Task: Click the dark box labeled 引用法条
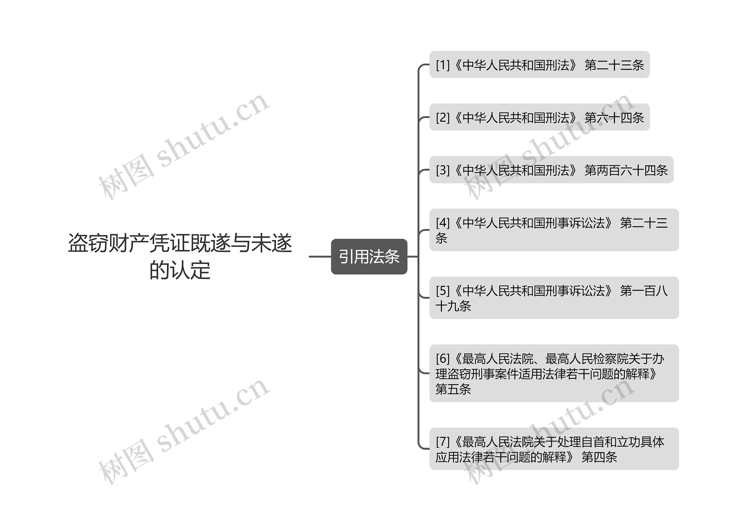pyautogui.click(x=369, y=256)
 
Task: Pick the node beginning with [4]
pyautogui.click(x=553, y=230)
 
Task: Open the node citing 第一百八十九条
pyautogui.click(x=553, y=298)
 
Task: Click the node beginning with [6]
pyautogui.click(x=553, y=373)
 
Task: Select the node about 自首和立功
pyautogui.click(x=553, y=449)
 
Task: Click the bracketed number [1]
pyautogui.click(x=443, y=65)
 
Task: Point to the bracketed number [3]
pyautogui.click(x=443, y=170)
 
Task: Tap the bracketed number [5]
pyautogui.click(x=443, y=291)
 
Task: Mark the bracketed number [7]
pyautogui.click(x=443, y=442)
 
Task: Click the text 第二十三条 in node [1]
pyautogui.click(x=614, y=65)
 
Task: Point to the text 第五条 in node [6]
pyautogui.click(x=453, y=389)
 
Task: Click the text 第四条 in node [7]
pyautogui.click(x=599, y=457)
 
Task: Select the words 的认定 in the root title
pyautogui.click(x=180, y=270)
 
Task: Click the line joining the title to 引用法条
pyautogui.click(x=320, y=257)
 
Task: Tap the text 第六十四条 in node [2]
pyautogui.click(x=614, y=118)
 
